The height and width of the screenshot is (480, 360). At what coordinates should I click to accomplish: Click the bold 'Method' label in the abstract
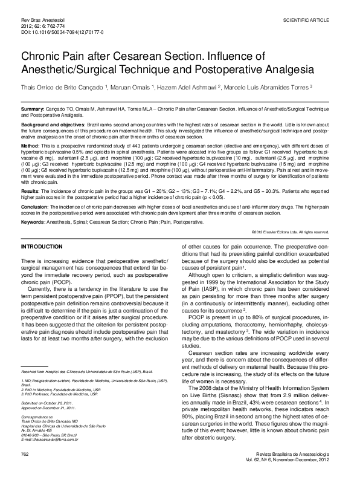pyautogui.click(x=30, y=146)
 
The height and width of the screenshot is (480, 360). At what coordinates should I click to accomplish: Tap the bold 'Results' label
pyautogui.click(x=31, y=190)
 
